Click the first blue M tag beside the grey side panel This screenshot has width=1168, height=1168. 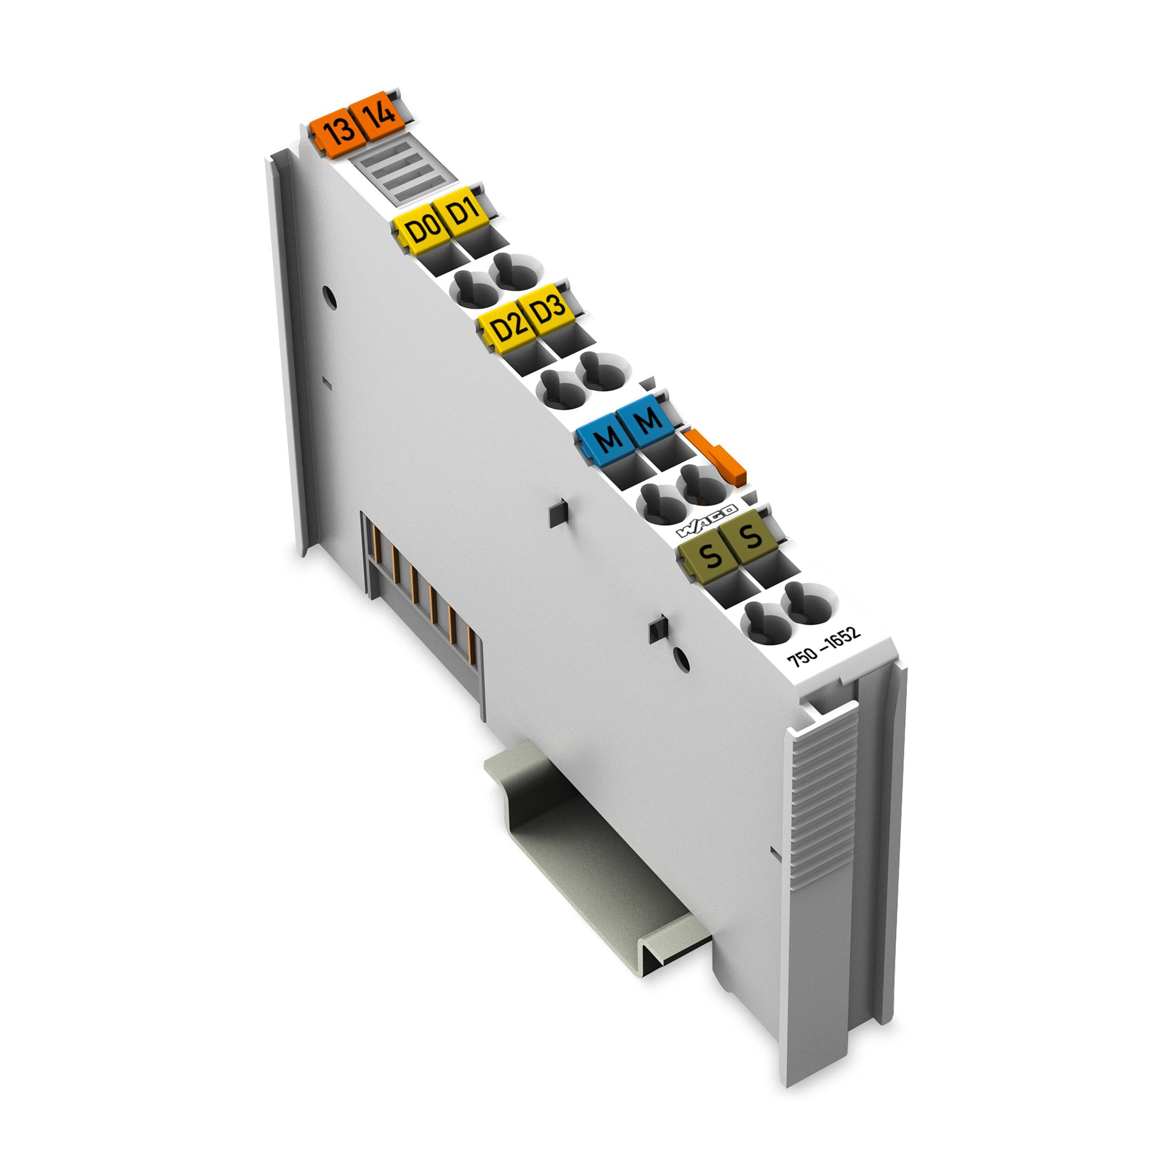click(x=606, y=439)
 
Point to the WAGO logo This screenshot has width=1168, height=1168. click(x=706, y=521)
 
